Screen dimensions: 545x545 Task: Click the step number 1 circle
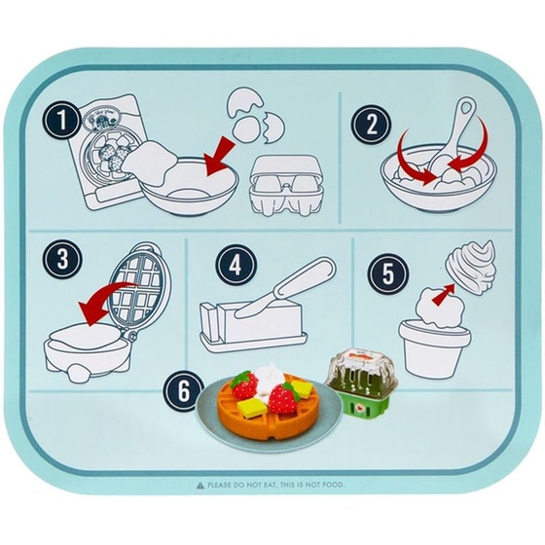point(62,121)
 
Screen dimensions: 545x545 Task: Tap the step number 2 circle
point(371,125)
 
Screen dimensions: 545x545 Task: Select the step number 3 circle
point(62,259)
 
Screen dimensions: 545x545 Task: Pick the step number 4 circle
point(236,266)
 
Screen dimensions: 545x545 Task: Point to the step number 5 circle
point(387,273)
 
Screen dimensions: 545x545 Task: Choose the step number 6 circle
point(184,390)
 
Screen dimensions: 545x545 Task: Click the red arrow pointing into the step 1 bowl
point(218,157)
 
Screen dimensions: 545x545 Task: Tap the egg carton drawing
point(287,184)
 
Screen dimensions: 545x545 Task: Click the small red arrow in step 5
point(443,294)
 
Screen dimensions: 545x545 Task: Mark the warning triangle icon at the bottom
point(200,486)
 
